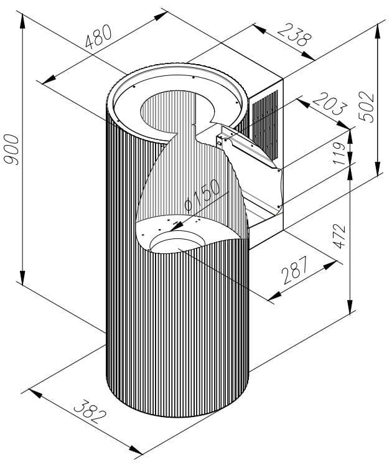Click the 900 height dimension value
coord(12,149)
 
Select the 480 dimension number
coord(98,36)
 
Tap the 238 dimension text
coord(295,35)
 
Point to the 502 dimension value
coord(366,107)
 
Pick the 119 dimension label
coord(339,153)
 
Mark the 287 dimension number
coord(295,270)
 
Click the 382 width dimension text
coord(90,412)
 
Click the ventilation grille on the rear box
coord(265,124)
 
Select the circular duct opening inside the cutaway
coord(177,242)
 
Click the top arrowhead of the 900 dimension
coord(22,21)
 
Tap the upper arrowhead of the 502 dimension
coord(378,31)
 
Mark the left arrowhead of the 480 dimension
coord(49,80)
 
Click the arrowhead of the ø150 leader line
coord(177,226)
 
